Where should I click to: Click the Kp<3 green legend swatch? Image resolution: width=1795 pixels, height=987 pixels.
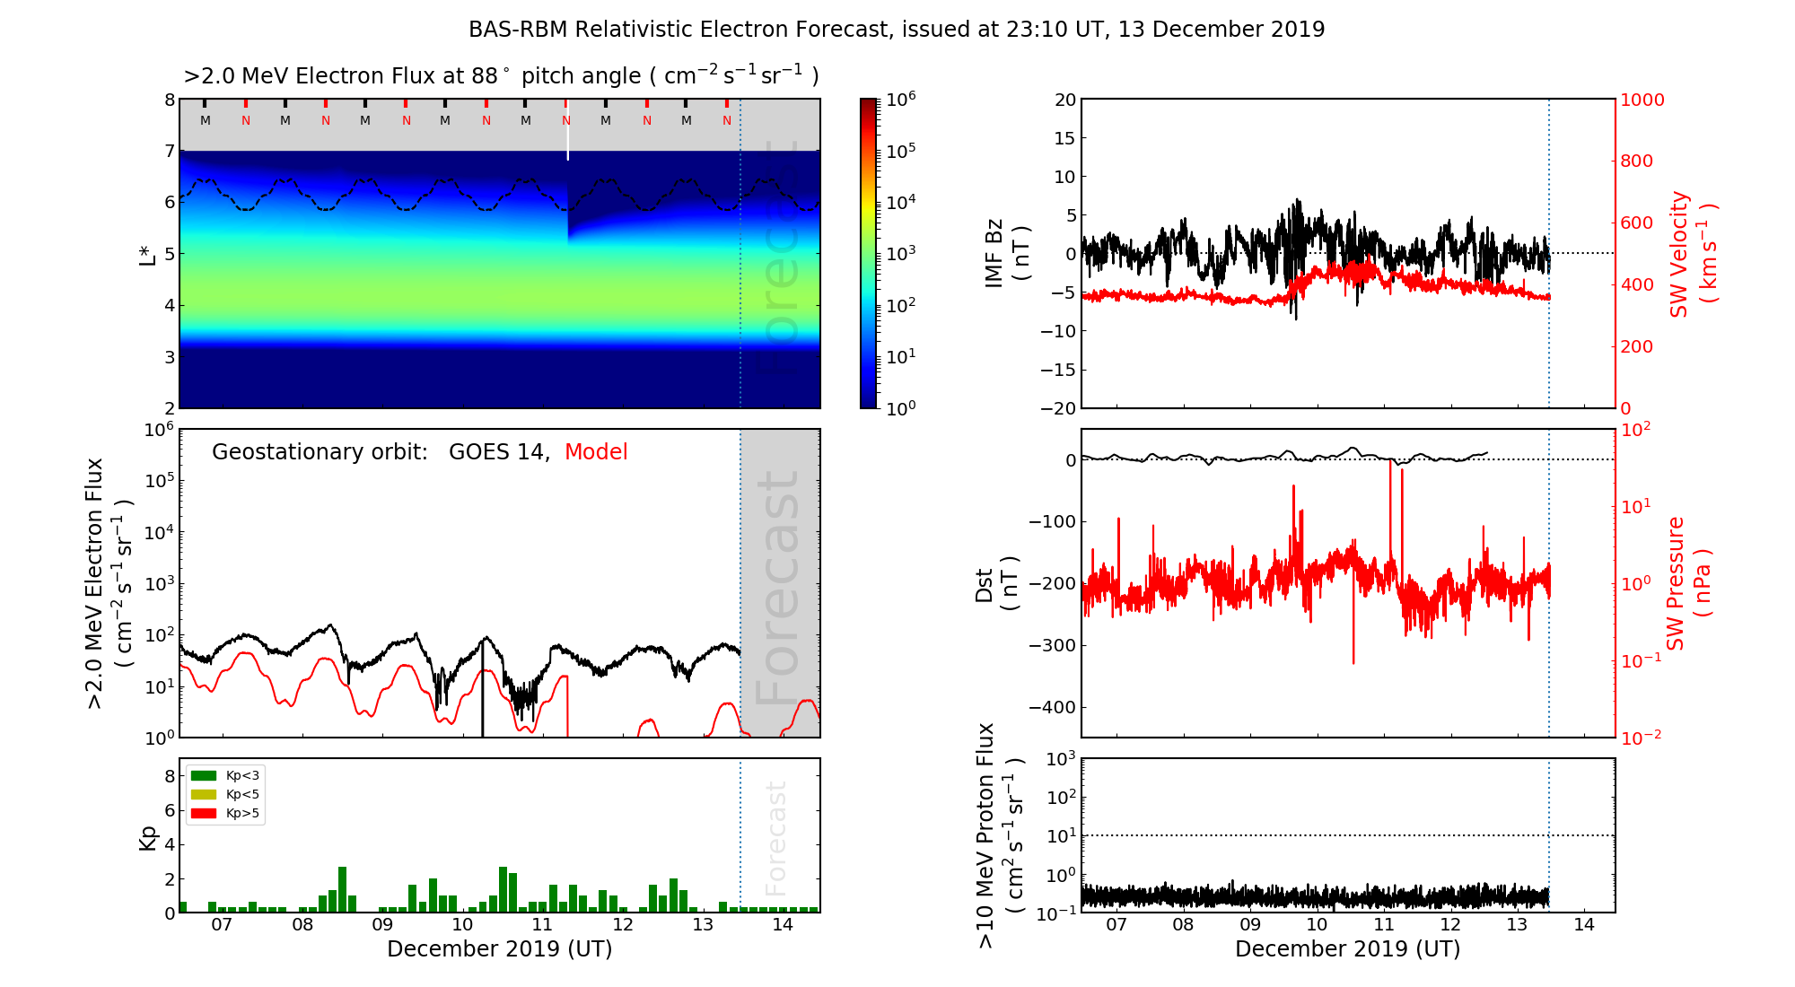(204, 775)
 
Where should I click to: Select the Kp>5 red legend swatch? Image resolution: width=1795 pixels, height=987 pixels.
(204, 814)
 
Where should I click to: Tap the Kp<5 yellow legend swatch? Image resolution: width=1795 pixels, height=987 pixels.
(204, 794)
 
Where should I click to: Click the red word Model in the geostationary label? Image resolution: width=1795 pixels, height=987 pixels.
(596, 452)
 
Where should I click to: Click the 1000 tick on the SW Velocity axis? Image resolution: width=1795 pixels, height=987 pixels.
(1642, 100)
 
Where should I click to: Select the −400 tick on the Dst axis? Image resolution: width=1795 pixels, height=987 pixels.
(1052, 707)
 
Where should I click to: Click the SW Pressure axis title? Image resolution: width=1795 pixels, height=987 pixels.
(1689, 583)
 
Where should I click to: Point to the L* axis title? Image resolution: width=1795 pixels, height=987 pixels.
(148, 254)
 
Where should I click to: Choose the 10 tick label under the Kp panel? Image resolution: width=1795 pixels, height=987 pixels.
(462, 925)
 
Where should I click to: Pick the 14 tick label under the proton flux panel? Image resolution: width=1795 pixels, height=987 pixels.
(1584, 925)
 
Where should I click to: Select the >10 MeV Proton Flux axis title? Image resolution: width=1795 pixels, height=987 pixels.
(1000, 835)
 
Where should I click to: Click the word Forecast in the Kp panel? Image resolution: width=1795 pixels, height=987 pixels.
(776, 838)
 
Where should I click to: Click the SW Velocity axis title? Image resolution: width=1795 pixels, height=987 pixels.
(1693, 254)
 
